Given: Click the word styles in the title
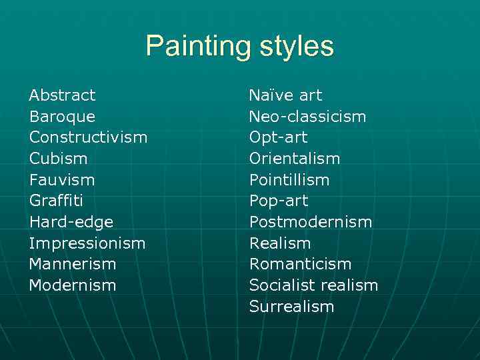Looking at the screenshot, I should (296, 47).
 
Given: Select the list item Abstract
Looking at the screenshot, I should (62, 95).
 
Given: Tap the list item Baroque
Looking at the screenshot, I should (62, 117).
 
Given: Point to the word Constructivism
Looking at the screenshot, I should (88, 137).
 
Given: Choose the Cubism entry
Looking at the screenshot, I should (58, 159).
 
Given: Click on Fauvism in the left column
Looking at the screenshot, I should (62, 180).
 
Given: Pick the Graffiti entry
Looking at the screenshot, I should (56, 201).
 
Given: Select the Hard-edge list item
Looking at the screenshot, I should (71, 222).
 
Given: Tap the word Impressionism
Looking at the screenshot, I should (87, 243).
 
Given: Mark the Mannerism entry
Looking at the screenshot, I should (72, 264).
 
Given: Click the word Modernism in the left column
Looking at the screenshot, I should (72, 285).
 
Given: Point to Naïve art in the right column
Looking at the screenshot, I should (285, 95).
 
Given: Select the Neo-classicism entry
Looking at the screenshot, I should (307, 117).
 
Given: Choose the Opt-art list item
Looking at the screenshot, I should (278, 137).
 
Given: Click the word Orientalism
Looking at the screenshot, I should (294, 159).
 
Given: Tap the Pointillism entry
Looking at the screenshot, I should (289, 180).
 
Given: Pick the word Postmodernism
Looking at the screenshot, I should (310, 222).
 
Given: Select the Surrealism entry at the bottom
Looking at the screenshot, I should (291, 307).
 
